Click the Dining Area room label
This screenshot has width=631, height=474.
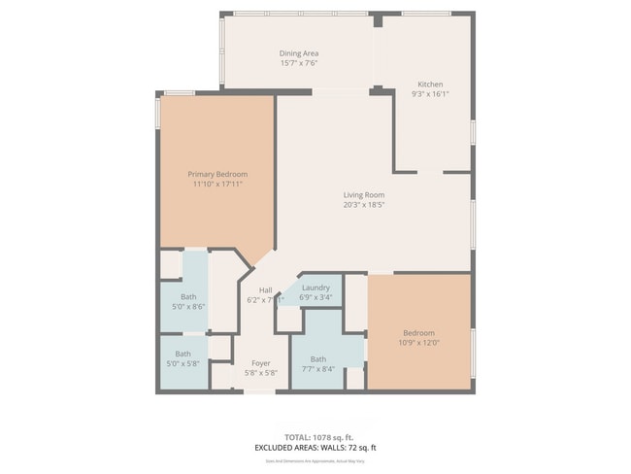point(299,53)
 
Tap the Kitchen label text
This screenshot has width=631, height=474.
point(431,84)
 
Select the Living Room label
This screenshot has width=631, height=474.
point(364,195)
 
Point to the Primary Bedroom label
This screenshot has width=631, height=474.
point(217,174)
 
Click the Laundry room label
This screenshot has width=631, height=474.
point(315,288)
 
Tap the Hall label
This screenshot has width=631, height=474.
point(265,290)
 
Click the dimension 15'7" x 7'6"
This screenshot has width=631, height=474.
point(299,63)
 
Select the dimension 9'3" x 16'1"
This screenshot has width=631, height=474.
point(431,94)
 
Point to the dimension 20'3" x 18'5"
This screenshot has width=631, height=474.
point(364,205)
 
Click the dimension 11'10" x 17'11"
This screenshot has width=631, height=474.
point(217,184)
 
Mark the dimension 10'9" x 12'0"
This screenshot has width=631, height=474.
point(419,342)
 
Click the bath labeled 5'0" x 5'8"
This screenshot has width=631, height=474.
point(183,358)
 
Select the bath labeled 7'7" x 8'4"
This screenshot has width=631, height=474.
point(318,364)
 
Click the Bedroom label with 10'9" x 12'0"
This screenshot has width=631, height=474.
point(419,332)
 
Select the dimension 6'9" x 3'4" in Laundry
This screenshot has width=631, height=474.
point(315,297)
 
